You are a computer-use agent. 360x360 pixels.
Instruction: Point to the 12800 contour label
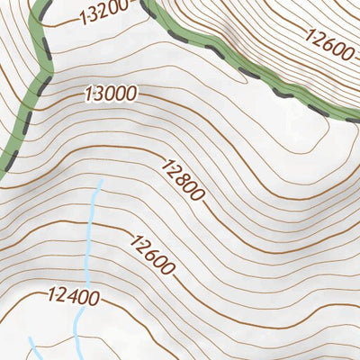click(x=184, y=179)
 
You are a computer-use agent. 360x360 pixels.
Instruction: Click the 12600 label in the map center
click(x=153, y=254)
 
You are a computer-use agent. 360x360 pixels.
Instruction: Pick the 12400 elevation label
click(x=74, y=294)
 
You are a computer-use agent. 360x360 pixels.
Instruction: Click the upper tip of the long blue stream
click(x=100, y=180)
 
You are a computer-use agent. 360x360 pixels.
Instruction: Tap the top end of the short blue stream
click(x=30, y=339)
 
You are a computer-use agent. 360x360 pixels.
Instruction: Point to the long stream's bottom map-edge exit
click(x=77, y=358)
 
